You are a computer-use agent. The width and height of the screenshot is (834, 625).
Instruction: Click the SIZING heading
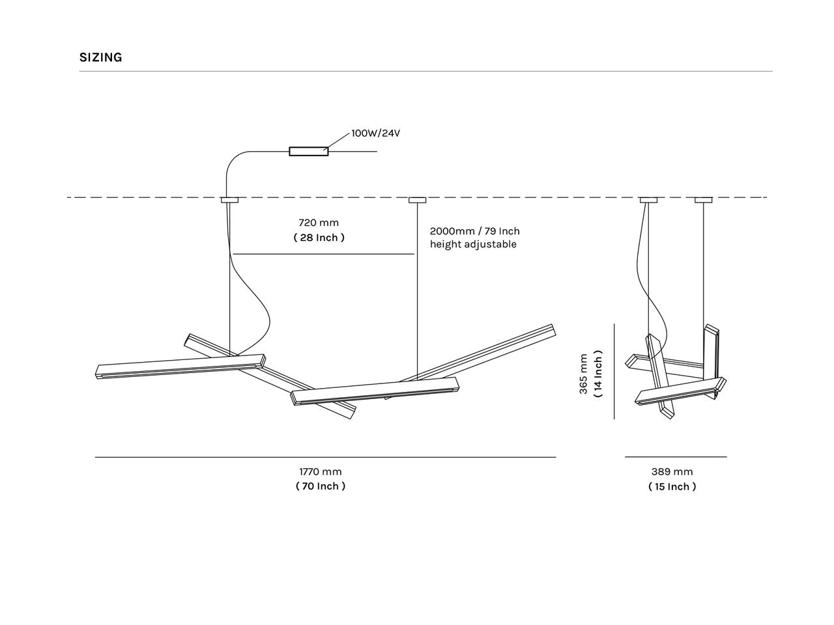coord(101,57)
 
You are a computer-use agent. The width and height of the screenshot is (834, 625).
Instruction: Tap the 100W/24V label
coord(375,133)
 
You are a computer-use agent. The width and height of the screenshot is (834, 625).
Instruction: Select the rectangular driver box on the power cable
coord(309,152)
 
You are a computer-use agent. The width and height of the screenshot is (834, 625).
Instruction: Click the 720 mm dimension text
coord(319,223)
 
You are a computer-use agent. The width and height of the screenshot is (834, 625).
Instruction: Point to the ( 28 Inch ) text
coord(319,238)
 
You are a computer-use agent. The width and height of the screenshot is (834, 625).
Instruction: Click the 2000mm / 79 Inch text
coord(474,231)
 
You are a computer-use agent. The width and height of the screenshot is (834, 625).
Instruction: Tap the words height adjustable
coord(473,244)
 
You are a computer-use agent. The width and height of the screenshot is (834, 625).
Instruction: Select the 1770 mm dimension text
coord(321,472)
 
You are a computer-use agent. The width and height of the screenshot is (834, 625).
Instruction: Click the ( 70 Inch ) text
coord(321,486)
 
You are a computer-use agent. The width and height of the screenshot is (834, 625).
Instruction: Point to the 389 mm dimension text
coord(672,472)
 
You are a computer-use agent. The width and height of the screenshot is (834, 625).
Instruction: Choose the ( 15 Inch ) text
coord(672,487)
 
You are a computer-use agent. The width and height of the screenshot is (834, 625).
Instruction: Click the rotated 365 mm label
coord(584,374)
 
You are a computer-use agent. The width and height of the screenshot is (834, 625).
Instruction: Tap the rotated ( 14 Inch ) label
coord(598,374)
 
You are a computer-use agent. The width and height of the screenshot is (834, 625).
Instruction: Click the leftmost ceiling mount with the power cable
coord(229,200)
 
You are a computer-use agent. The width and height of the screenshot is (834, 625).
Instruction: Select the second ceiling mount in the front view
coord(417,200)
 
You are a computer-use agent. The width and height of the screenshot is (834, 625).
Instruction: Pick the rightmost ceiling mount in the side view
coord(704,200)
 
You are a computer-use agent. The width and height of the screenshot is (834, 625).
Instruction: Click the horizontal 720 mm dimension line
coord(324,254)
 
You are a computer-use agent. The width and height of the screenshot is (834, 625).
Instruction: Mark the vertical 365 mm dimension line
coord(614,372)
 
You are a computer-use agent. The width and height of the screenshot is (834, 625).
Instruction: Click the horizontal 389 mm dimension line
coord(676,457)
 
